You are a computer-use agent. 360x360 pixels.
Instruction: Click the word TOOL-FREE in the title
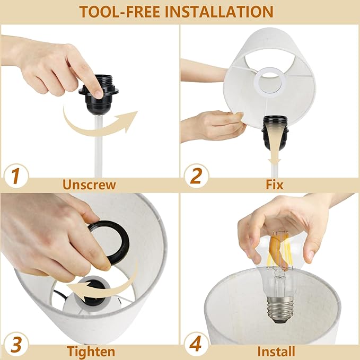point(119,12)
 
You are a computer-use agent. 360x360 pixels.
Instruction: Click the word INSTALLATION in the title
point(219,12)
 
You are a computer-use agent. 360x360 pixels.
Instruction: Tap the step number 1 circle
point(16,177)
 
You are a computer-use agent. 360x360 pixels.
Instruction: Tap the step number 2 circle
point(196,177)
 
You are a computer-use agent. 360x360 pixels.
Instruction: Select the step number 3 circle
point(16,345)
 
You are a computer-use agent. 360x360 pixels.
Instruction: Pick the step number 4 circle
point(196,345)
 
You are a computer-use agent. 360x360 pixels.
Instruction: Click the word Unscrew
point(89,185)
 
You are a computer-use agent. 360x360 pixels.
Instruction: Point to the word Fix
point(275,185)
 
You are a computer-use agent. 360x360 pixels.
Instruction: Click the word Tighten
point(91,352)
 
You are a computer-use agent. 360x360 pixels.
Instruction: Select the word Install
point(276,352)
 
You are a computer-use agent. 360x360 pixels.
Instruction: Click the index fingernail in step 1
point(99,94)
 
